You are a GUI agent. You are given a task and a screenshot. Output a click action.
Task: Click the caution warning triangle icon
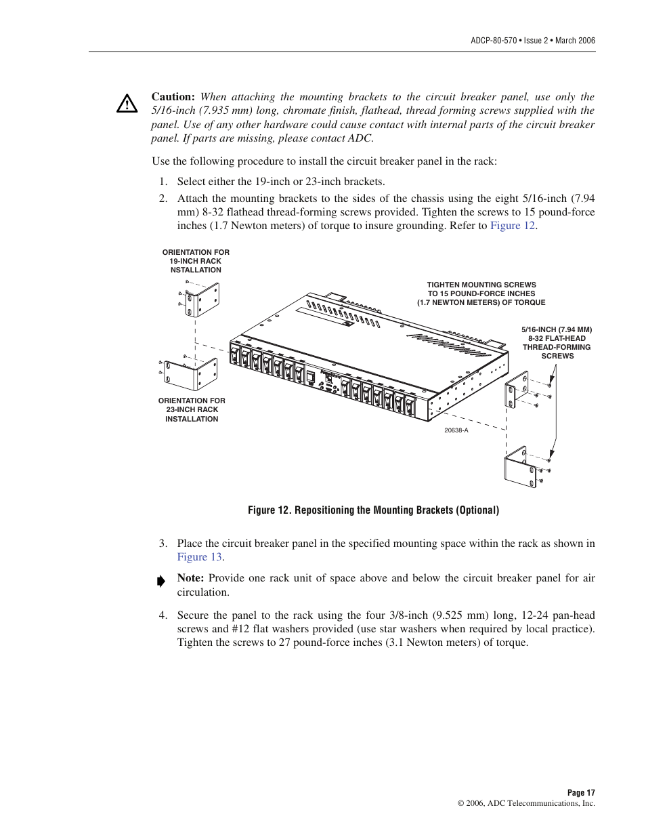tap(127, 104)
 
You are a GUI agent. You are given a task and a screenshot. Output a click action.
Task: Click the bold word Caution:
tap(173, 97)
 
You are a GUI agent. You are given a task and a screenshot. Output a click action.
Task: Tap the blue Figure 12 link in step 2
tap(513, 226)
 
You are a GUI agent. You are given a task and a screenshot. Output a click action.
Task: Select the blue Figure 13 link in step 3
tap(200, 557)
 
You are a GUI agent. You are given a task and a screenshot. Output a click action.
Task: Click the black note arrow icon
tap(160, 581)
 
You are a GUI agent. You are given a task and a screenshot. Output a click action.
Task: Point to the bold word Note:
tap(190, 578)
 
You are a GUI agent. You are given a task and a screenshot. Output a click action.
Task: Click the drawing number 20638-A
tap(456, 430)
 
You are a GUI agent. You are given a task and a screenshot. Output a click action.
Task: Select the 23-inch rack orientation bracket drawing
tap(192, 374)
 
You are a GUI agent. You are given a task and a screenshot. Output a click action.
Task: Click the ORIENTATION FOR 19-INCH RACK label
tap(196, 261)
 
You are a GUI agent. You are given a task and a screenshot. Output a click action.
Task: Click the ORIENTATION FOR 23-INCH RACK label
tap(192, 410)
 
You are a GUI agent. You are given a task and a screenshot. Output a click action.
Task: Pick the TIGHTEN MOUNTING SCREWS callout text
tap(481, 294)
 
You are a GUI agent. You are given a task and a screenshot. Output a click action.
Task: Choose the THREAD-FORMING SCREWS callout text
tap(557, 342)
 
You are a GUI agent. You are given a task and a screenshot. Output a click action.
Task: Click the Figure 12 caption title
tap(373, 510)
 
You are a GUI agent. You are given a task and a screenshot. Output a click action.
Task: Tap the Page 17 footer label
tap(581, 792)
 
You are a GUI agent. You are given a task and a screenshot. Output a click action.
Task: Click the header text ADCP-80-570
tap(496, 41)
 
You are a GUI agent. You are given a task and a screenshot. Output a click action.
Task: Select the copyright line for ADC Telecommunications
tap(526, 803)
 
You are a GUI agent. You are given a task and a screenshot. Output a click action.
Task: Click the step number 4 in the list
tap(163, 615)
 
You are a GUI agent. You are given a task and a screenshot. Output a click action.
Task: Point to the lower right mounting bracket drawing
tap(520, 466)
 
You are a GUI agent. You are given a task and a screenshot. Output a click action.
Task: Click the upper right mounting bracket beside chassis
tap(517, 389)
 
